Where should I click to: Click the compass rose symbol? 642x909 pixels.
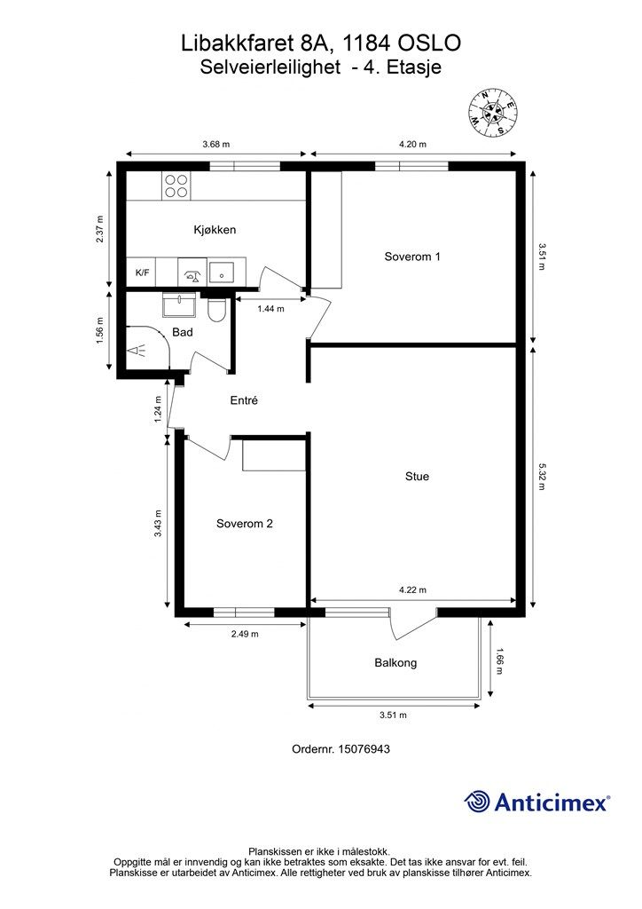492,113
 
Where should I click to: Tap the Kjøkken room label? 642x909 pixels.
214,230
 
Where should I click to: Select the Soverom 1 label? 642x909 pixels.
412,257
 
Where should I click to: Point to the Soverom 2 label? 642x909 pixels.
244,524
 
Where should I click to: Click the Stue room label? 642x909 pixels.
417,477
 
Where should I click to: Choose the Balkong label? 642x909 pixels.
395,663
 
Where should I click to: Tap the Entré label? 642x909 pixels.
244,400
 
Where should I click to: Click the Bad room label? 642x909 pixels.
183,332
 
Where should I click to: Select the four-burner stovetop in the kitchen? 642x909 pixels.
176,185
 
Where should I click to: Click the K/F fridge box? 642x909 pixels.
142,273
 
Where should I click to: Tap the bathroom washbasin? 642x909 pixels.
179,305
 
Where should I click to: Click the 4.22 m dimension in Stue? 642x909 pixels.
413,590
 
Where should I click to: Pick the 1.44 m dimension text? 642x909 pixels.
270,309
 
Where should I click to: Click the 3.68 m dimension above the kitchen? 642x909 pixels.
215,144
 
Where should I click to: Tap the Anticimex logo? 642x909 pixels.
537,802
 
